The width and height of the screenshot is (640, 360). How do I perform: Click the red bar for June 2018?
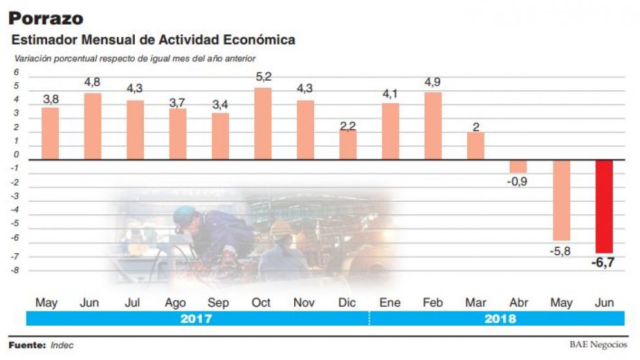[604, 206]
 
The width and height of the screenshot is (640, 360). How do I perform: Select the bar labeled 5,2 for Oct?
[263, 123]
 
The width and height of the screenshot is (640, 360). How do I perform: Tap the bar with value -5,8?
[561, 200]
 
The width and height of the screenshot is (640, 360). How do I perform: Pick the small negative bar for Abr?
[518, 166]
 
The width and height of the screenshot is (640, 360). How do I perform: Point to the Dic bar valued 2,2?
[348, 145]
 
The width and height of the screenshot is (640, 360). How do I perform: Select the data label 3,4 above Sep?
[220, 105]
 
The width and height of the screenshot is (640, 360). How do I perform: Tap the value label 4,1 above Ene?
[390, 94]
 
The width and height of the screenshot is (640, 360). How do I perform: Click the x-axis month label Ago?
[175, 303]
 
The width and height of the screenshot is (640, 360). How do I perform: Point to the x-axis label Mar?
[475, 303]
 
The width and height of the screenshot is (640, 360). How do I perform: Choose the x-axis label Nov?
[304, 303]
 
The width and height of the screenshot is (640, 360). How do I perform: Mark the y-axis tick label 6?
[17, 72]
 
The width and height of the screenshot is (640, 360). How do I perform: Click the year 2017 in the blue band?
[197, 318]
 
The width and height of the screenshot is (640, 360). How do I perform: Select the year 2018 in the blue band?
[500, 318]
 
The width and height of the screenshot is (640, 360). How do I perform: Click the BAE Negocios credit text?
[598, 345]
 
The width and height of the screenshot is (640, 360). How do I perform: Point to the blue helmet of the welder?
[185, 215]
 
